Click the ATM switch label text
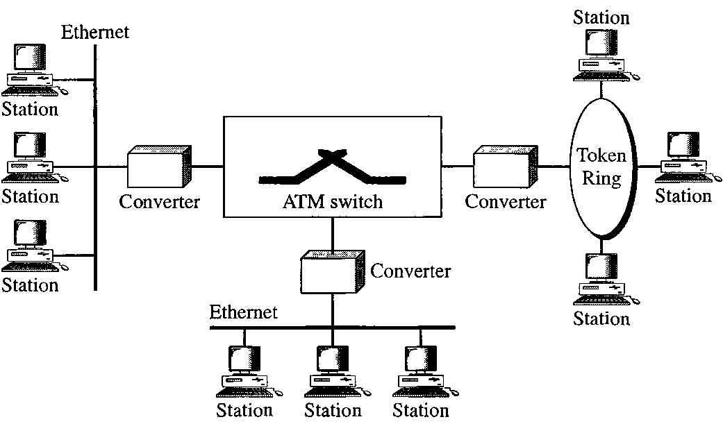[332, 202]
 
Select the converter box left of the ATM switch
[158, 167]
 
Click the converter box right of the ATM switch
[505, 167]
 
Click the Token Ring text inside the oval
[601, 167]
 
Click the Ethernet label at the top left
[95, 31]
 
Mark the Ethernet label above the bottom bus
[243, 312]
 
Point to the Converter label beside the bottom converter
[410, 270]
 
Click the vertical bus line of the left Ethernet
[94, 208]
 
